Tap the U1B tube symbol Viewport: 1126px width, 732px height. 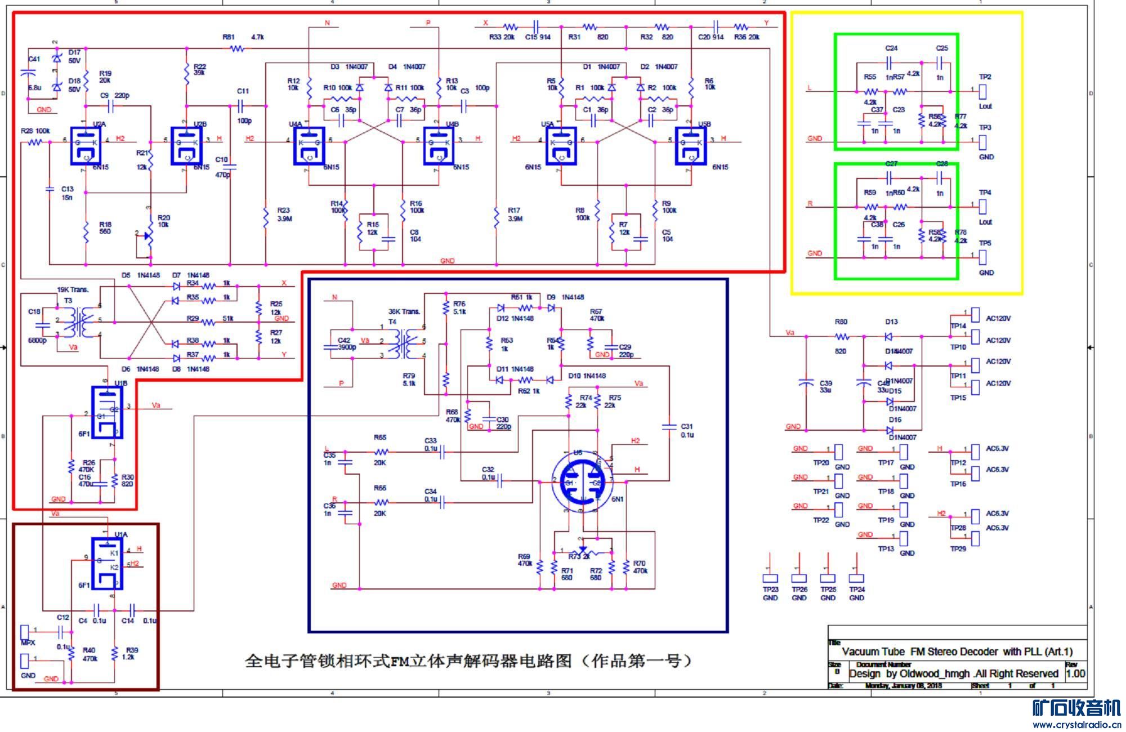107,412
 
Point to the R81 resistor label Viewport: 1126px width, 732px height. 229,37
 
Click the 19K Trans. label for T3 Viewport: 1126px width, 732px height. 73,290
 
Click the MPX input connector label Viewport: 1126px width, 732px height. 28,642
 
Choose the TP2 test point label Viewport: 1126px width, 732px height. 985,77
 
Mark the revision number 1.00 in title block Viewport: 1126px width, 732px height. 1075,673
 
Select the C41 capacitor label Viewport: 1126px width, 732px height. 34,59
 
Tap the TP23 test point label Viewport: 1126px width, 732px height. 770,590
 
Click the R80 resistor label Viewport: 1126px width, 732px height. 841,322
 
